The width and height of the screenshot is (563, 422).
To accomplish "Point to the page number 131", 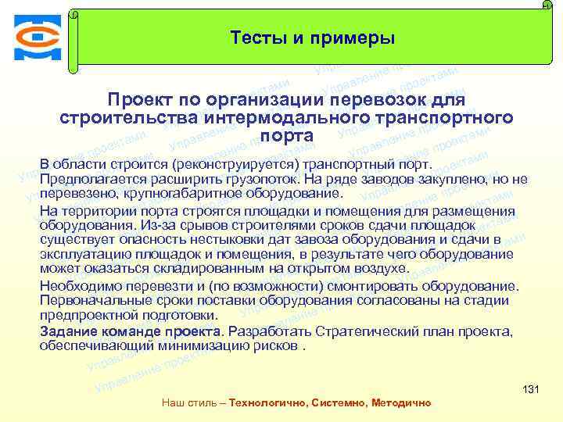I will (531, 389).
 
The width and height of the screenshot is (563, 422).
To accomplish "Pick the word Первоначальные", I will (88, 300).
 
